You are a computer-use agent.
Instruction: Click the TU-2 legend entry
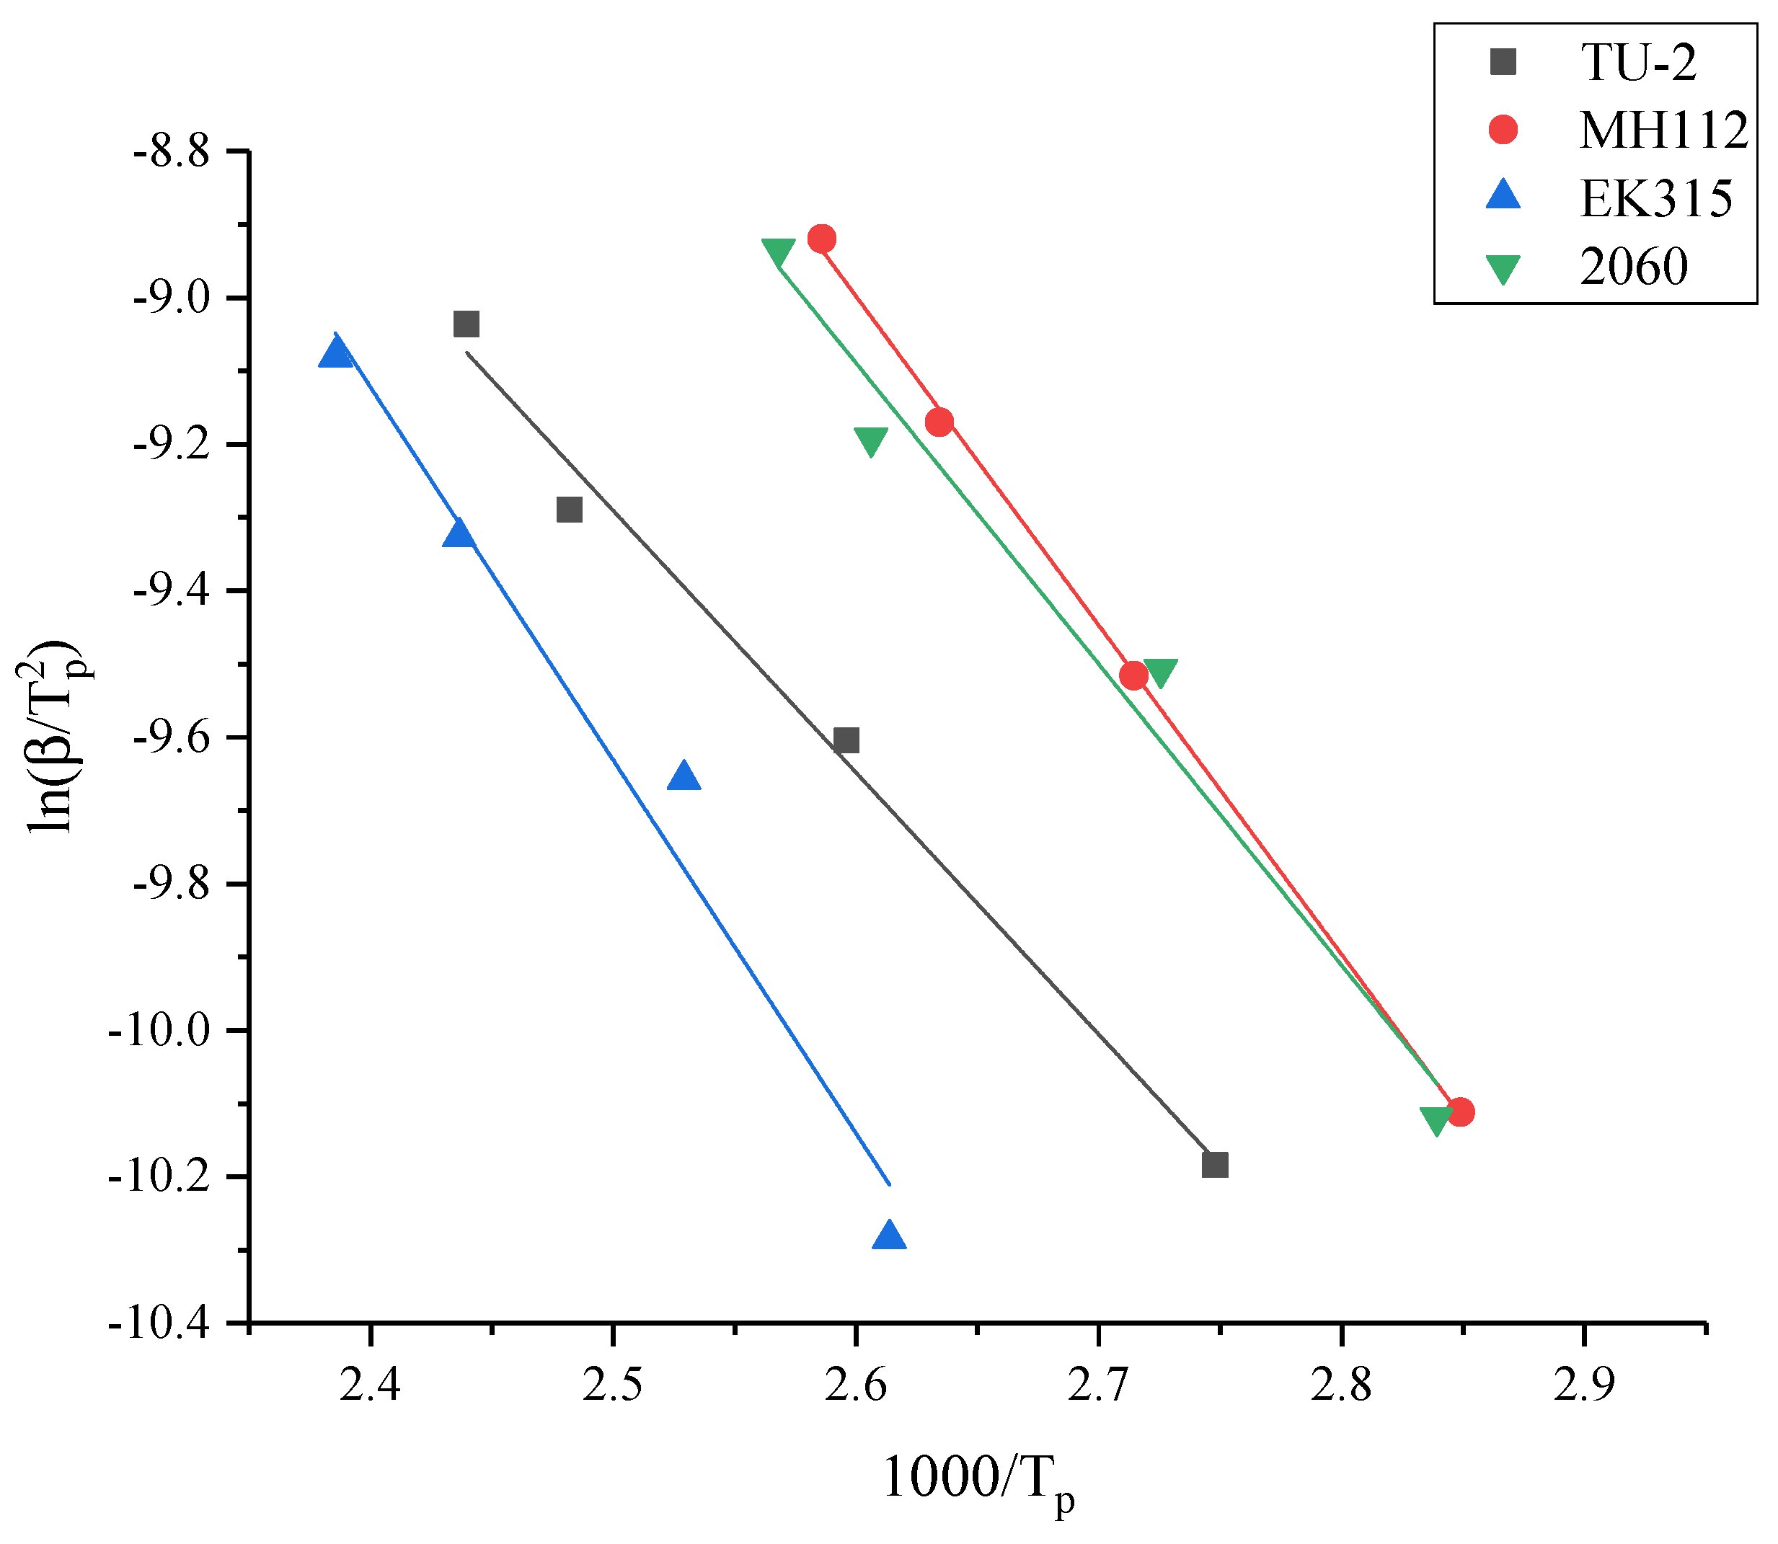[1637, 62]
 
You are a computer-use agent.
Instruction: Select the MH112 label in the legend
[1663, 130]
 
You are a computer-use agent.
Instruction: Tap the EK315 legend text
[1655, 198]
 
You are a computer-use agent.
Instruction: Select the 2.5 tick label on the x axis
[613, 1385]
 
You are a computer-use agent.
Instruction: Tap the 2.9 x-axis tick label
[1584, 1385]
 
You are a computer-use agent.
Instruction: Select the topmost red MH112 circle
[821, 239]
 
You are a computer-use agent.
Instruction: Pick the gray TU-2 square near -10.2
[1214, 1165]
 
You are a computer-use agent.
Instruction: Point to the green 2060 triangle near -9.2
[870, 440]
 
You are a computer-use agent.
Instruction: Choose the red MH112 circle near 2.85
[1460, 1112]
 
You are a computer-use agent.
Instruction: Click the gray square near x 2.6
[846, 740]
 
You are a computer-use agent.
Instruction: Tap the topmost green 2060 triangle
[778, 252]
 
